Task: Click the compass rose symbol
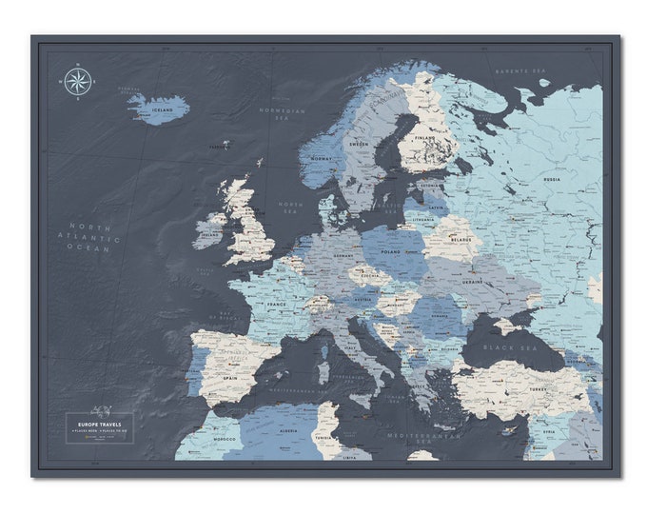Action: click(x=77, y=82)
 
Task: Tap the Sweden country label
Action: click(x=359, y=145)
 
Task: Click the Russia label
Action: click(x=551, y=178)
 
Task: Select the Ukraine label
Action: click(x=474, y=281)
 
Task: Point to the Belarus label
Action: click(x=460, y=241)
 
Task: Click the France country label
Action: click(x=277, y=306)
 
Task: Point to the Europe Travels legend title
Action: click(x=100, y=420)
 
